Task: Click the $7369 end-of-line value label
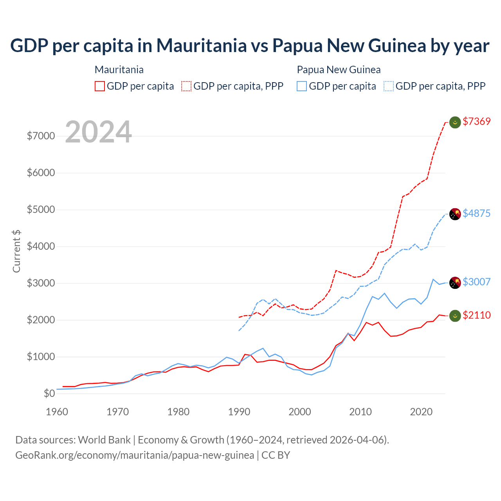point(476,121)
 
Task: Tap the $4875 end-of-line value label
point(476,213)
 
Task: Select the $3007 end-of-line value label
point(476,282)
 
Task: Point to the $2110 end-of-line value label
point(476,315)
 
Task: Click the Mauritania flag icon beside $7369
point(455,123)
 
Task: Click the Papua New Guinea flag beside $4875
point(455,214)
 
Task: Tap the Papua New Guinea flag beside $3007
point(455,283)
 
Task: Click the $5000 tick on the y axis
point(41,209)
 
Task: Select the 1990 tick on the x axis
point(239,412)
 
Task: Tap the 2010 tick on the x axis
point(360,412)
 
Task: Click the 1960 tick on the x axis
point(57,412)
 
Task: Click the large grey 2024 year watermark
point(98,132)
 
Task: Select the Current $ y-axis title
point(16,251)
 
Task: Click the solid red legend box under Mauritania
point(100,86)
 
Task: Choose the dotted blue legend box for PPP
point(389,86)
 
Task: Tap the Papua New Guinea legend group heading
point(339,70)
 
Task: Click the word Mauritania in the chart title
point(202,45)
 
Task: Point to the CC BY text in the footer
point(276,455)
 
